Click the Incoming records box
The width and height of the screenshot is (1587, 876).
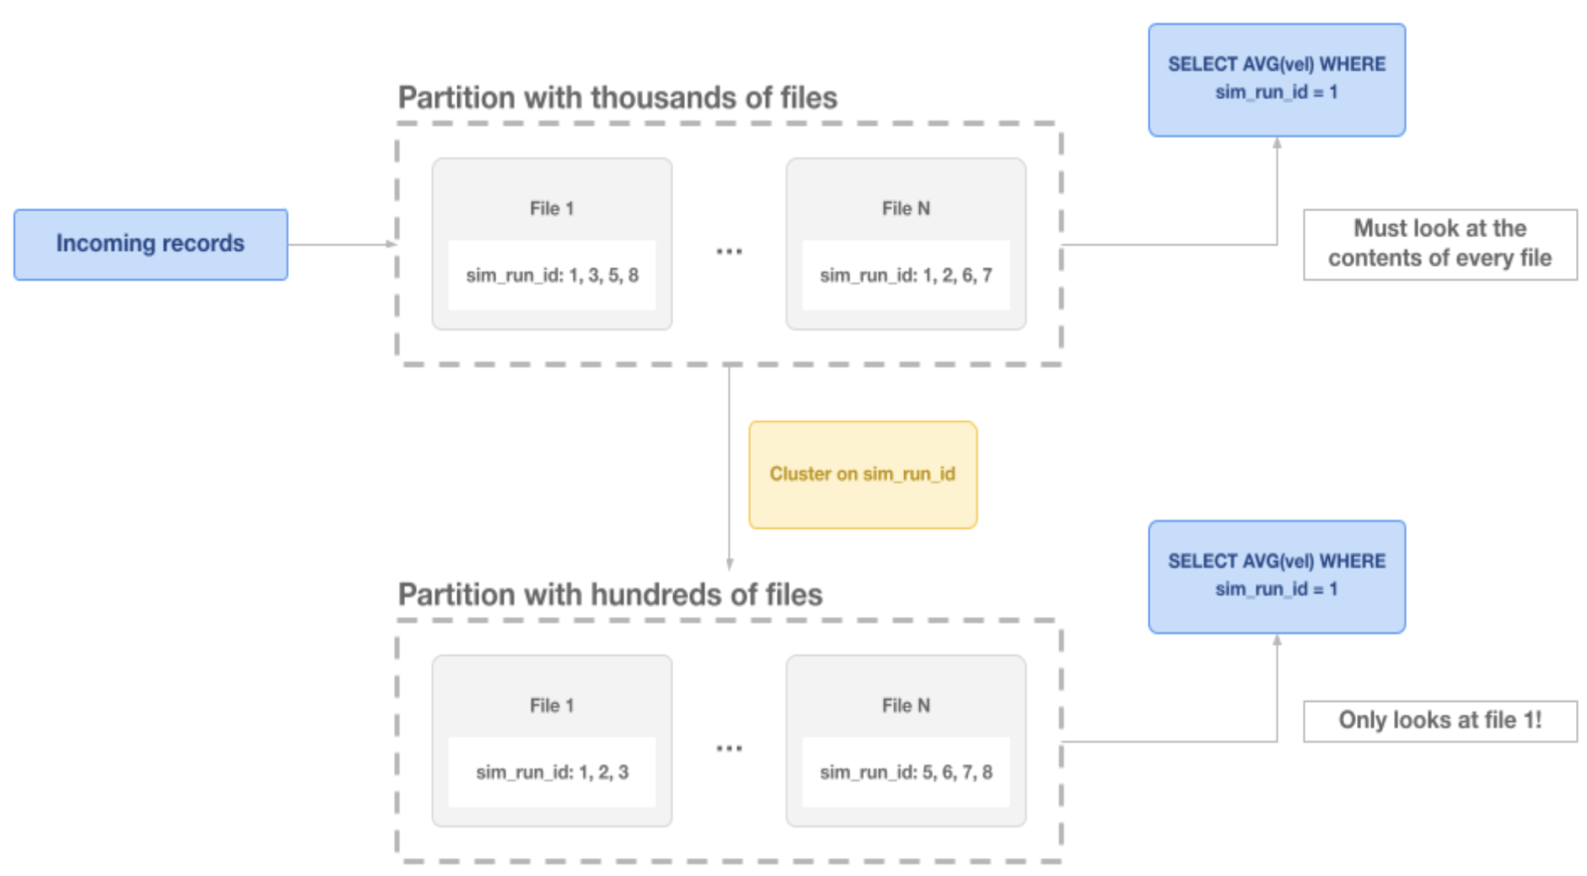pyautogui.click(x=150, y=244)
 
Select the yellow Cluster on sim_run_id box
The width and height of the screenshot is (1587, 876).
pyautogui.click(x=862, y=474)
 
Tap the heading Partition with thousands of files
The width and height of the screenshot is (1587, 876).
pyautogui.click(x=617, y=98)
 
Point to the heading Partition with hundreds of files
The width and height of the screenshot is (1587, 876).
pyautogui.click(x=610, y=595)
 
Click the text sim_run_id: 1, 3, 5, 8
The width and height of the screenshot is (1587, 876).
pyautogui.click(x=552, y=276)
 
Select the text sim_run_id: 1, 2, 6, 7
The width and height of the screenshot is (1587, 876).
pyautogui.click(x=906, y=276)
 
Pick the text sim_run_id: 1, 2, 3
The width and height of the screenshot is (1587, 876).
pyautogui.click(x=552, y=772)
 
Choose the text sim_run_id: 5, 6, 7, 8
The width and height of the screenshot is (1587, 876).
pyautogui.click(x=906, y=772)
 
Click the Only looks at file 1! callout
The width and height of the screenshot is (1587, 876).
pyautogui.click(x=1439, y=720)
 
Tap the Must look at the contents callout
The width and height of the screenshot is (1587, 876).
pyautogui.click(x=1439, y=243)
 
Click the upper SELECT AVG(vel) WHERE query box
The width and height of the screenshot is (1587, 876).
pyautogui.click(x=1277, y=79)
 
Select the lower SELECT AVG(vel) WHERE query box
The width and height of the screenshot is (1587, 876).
pyautogui.click(x=1277, y=576)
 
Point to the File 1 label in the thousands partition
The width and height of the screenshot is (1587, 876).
pyautogui.click(x=552, y=209)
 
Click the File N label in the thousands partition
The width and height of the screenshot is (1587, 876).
pyautogui.click(x=906, y=209)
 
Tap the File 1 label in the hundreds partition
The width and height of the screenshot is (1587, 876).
pyautogui.click(x=552, y=705)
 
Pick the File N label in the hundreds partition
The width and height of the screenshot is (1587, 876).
pyautogui.click(x=906, y=705)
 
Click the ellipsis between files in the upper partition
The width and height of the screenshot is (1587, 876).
pyautogui.click(x=729, y=252)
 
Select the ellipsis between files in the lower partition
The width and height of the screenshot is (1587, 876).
pyautogui.click(x=729, y=749)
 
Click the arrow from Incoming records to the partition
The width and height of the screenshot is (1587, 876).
pyautogui.click(x=341, y=244)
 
